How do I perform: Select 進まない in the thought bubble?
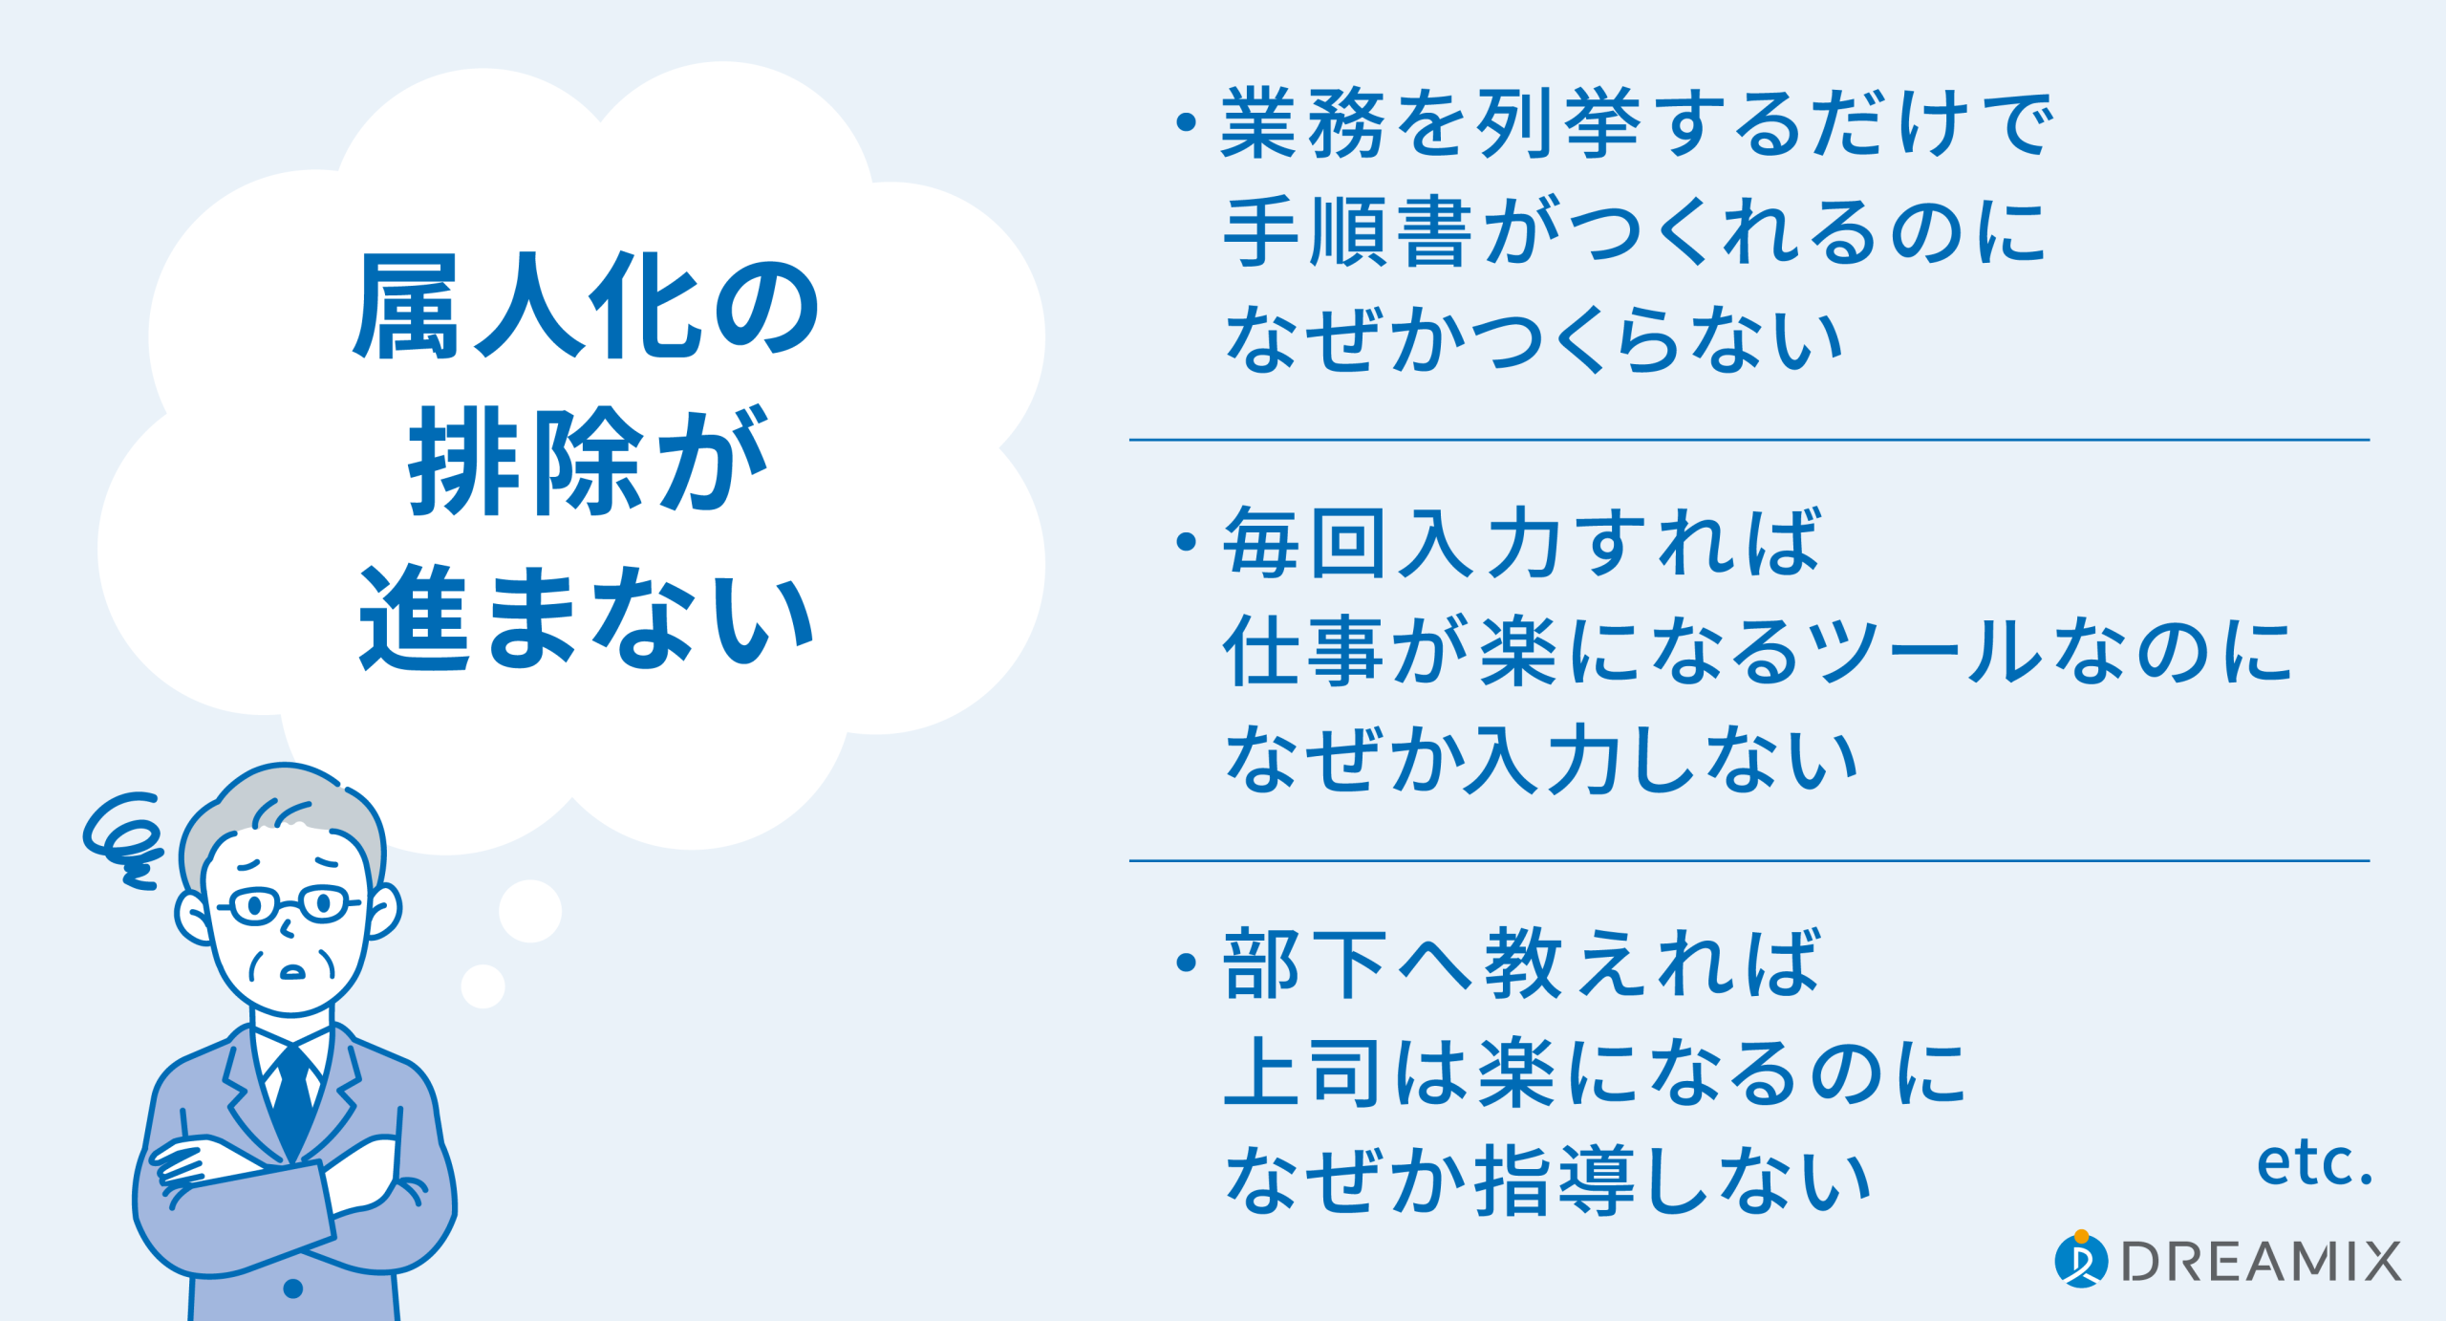(x=587, y=617)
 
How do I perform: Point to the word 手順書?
(x=1348, y=231)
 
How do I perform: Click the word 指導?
(x=1555, y=1181)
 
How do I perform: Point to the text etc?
(x=2315, y=1163)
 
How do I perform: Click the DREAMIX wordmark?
(x=2261, y=1261)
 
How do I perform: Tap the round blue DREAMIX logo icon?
(x=2080, y=1259)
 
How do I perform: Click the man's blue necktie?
(x=293, y=1099)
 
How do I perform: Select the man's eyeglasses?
(x=290, y=903)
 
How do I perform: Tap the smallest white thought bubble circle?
(x=483, y=986)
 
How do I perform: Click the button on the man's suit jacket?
(x=293, y=1289)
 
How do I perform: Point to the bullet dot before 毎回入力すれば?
(x=1187, y=542)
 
